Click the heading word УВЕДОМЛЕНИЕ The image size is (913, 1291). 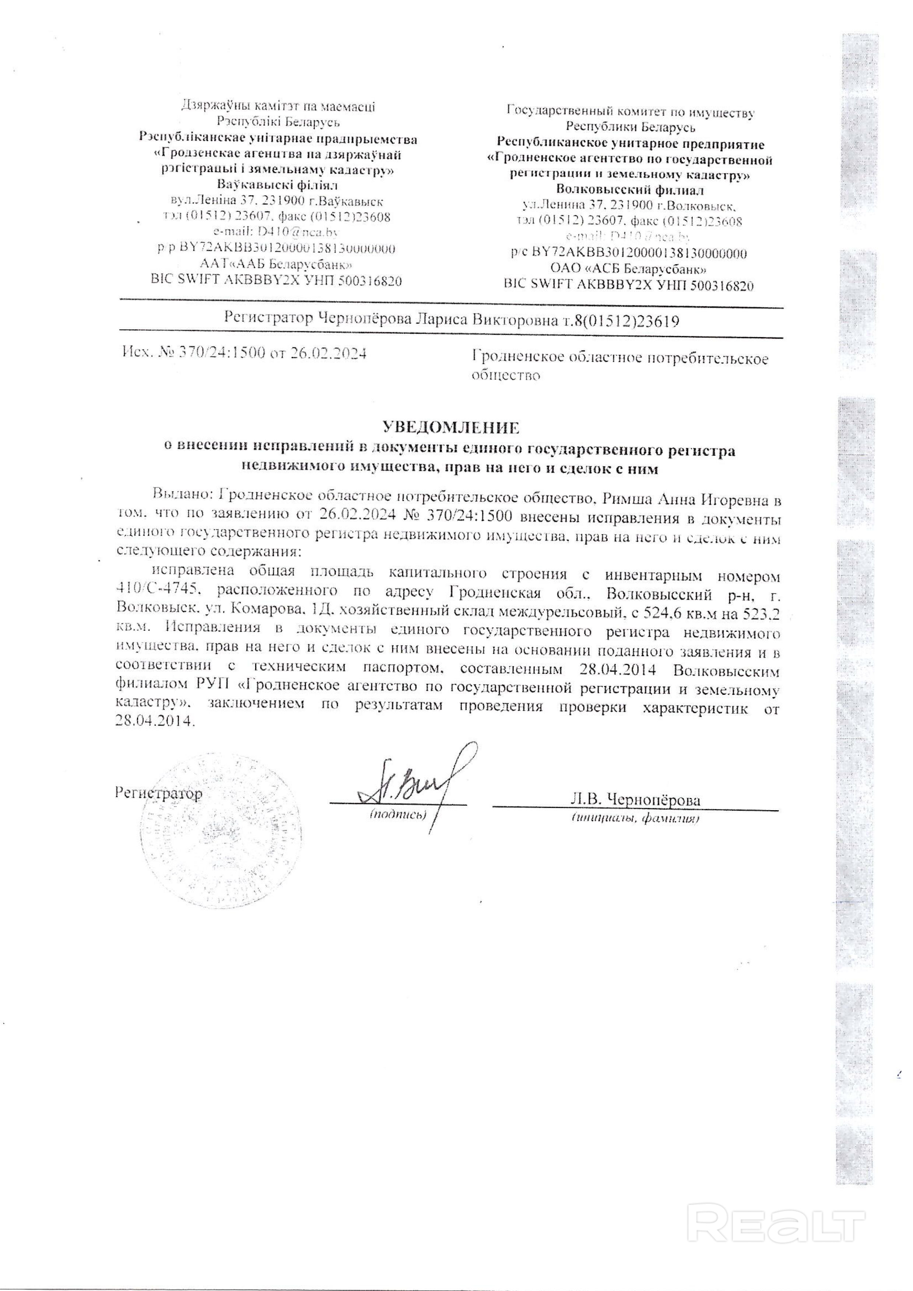tap(449, 428)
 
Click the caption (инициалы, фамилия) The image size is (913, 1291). tap(635, 818)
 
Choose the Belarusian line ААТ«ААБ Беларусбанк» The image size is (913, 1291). tap(276, 264)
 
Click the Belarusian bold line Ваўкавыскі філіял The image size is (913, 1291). tap(277, 185)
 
